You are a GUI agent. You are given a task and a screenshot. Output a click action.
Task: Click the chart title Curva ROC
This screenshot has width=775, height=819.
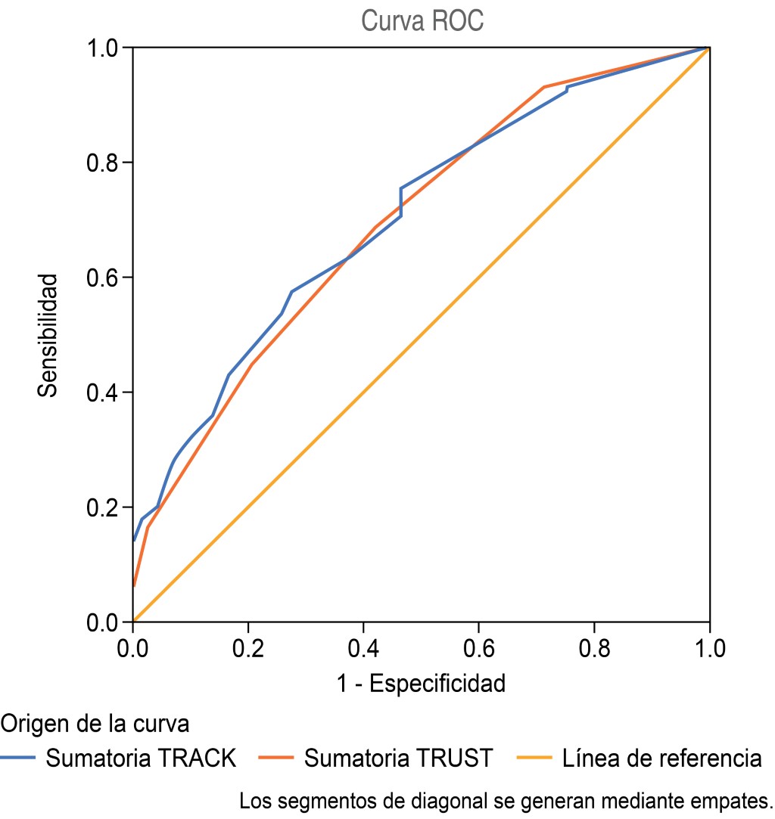point(422,20)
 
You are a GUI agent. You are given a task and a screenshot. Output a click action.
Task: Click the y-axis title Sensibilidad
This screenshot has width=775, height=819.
point(48,335)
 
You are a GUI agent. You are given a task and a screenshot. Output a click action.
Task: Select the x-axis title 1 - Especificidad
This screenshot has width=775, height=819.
point(421,684)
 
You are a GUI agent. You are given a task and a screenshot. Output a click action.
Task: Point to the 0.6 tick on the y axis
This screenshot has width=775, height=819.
point(105,278)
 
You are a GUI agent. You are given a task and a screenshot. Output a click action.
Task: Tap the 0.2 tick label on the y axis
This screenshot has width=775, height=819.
point(105,507)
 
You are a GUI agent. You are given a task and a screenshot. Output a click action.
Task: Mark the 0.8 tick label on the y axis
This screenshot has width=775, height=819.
point(105,163)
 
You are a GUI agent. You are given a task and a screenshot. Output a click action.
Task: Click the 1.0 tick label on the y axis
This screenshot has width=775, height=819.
point(105,48)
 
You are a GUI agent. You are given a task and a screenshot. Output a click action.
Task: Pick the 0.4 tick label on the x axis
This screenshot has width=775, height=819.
point(363,649)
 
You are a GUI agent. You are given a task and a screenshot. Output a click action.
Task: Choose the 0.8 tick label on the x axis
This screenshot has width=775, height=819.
point(593,649)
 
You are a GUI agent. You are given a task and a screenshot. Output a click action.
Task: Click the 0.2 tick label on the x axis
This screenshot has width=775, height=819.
point(248,649)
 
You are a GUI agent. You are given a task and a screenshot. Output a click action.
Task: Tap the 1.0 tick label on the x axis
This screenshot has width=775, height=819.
point(708,649)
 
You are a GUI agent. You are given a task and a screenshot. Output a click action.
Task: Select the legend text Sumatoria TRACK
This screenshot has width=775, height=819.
point(141,757)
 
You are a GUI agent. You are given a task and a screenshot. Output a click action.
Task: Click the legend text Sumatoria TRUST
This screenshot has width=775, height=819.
point(399,757)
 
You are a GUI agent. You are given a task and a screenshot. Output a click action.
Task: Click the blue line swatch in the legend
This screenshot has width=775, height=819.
point(18,757)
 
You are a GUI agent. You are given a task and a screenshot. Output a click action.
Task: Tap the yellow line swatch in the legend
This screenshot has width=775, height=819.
point(534,757)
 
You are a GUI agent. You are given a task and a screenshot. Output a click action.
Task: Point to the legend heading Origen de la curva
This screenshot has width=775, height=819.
point(95,724)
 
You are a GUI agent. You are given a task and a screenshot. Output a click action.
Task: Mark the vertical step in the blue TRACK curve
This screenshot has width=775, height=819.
point(400,202)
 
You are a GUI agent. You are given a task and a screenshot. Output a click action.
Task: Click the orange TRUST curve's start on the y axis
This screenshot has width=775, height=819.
point(134,585)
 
